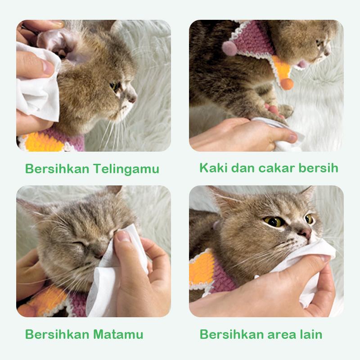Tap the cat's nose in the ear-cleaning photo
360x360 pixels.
(132, 96)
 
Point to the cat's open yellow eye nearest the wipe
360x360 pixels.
(310, 219)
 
